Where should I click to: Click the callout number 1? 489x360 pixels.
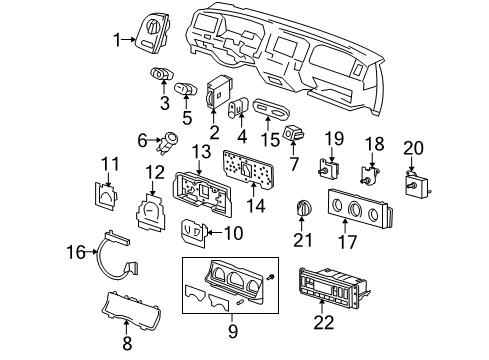(x=117, y=39)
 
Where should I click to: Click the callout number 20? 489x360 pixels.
(x=413, y=147)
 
